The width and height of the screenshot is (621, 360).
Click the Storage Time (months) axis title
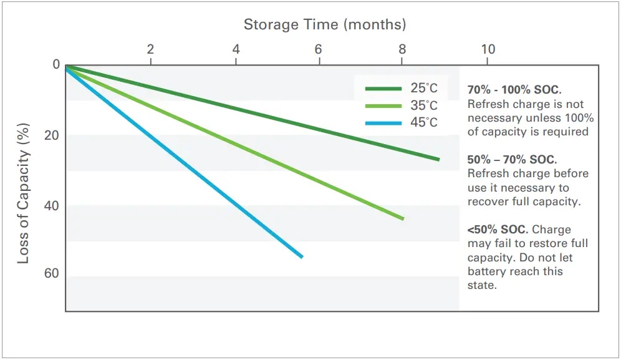click(324, 25)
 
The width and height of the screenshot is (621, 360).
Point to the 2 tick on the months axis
click(150, 49)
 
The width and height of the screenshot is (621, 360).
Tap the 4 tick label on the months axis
click(236, 49)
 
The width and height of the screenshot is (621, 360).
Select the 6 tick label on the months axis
click(319, 49)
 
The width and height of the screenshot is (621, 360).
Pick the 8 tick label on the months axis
click(402, 49)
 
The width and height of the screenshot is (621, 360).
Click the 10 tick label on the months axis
click(488, 49)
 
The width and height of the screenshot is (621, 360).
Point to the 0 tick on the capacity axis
click(56, 65)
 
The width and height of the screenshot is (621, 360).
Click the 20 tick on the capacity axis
click(52, 135)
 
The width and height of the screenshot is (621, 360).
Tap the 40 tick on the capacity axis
click(52, 205)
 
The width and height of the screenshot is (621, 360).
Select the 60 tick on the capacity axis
click(52, 274)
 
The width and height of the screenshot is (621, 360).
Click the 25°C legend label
click(424, 89)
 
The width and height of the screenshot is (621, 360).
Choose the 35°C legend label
click(424, 105)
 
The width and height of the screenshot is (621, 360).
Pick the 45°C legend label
click(424, 122)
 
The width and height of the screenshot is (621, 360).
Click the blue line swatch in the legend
click(383, 123)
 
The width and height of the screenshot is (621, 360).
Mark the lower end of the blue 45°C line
click(302, 256)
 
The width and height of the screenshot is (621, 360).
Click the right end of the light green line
click(403, 218)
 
